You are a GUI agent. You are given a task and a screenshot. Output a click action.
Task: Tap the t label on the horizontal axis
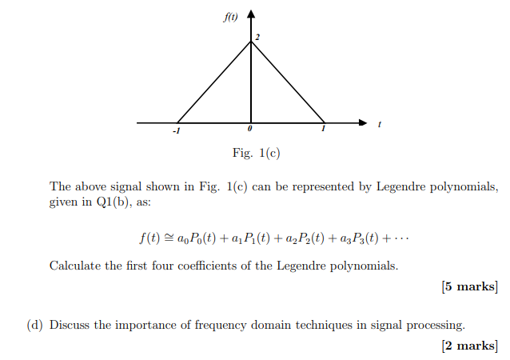pos(379,125)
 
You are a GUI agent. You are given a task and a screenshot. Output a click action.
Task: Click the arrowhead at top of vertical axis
pos(251,14)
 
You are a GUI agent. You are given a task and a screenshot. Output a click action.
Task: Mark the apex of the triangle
pos(251,42)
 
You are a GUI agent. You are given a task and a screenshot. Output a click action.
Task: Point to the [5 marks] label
pos(469,287)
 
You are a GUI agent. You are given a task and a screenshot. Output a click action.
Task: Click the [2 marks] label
pos(469,346)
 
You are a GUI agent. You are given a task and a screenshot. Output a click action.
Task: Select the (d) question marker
pos(35,325)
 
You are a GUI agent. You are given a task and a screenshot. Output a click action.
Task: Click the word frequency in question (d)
pos(221,325)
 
